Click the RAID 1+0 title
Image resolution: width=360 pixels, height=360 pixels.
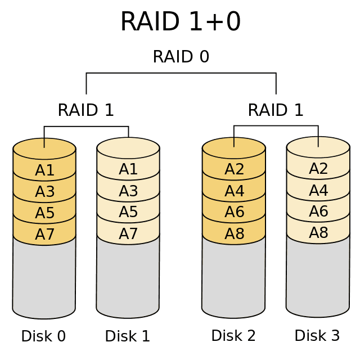click(x=181, y=21)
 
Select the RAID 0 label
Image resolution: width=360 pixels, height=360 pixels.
click(x=181, y=56)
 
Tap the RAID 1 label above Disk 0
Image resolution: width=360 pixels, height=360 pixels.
click(x=85, y=110)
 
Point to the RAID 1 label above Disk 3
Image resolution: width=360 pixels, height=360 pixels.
click(x=276, y=110)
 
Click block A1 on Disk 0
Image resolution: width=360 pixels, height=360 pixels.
click(x=44, y=170)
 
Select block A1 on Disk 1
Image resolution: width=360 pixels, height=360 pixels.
click(x=128, y=169)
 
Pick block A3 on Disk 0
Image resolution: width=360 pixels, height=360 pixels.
click(x=44, y=191)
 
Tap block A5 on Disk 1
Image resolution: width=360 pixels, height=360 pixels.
click(x=128, y=211)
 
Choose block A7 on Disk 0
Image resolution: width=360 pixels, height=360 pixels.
click(x=44, y=234)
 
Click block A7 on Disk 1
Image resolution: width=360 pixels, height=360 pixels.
click(x=128, y=233)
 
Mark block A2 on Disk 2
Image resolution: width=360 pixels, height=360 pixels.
click(x=234, y=169)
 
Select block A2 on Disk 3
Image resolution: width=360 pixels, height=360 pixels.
click(x=318, y=168)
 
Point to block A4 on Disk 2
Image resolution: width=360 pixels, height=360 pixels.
click(x=234, y=191)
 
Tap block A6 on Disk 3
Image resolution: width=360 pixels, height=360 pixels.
click(x=318, y=211)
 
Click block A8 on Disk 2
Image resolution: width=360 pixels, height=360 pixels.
click(x=234, y=233)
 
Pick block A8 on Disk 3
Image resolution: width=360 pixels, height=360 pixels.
click(x=318, y=232)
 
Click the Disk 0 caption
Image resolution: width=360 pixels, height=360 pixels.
click(x=43, y=336)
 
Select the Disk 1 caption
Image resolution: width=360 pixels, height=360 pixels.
click(x=128, y=336)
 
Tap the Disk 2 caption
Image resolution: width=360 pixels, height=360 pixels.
click(x=233, y=335)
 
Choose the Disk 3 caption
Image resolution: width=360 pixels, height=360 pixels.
click(x=317, y=335)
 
